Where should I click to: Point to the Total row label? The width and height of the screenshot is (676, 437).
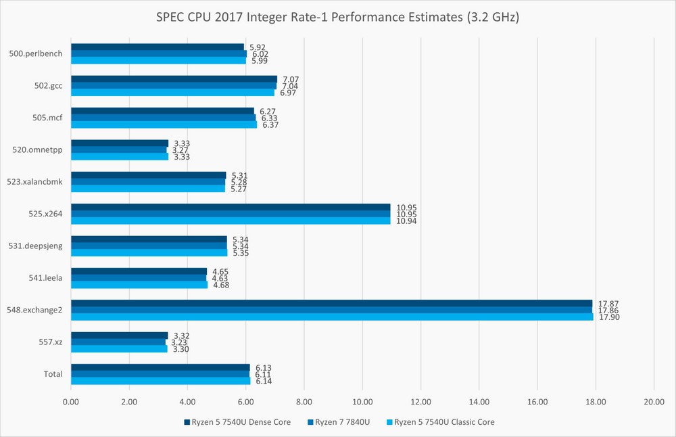point(53,374)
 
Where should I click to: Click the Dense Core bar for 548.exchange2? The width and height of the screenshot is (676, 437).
point(331,303)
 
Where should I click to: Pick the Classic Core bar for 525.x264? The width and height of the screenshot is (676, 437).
point(231,221)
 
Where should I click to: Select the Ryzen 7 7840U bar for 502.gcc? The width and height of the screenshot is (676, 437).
point(173,86)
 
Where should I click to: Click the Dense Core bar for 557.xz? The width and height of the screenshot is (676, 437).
point(119,335)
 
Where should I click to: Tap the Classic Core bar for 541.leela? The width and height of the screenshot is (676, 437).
point(139,285)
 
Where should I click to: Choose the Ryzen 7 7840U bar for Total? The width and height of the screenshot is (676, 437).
point(160,374)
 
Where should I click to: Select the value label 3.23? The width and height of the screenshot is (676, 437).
point(179,342)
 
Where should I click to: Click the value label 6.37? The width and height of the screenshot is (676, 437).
point(270,125)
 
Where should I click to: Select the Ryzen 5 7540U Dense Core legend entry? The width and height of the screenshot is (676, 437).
point(237,422)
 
